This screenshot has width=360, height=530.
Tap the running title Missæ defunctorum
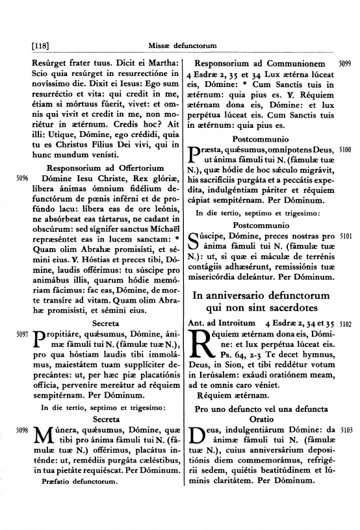(185, 45)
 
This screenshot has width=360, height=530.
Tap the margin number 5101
(346, 237)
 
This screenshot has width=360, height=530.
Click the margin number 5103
(346, 430)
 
